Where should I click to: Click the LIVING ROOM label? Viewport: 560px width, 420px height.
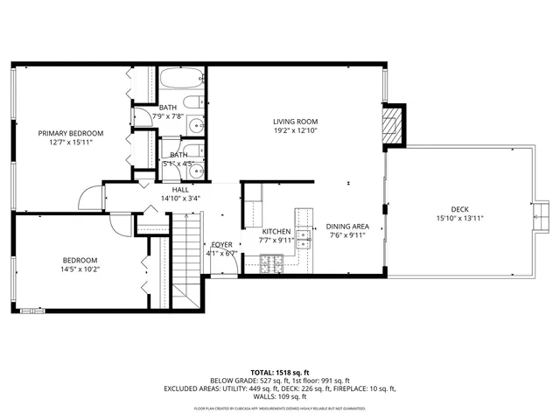pyautogui.click(x=295, y=122)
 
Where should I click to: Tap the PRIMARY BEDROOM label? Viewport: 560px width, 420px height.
pyautogui.click(x=70, y=134)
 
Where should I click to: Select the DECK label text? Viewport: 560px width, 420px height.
pyautogui.click(x=459, y=208)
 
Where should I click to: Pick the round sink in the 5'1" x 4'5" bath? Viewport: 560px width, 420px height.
pyautogui.click(x=196, y=171)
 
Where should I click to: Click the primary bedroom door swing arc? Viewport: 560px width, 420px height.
pyautogui.click(x=91, y=199)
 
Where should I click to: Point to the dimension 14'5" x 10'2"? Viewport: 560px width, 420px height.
pyautogui.click(x=80, y=270)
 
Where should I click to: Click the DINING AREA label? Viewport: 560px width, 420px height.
pyautogui.click(x=348, y=227)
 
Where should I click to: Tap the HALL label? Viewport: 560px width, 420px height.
pyautogui.click(x=180, y=190)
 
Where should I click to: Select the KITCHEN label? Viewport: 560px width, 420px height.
pyautogui.click(x=276, y=232)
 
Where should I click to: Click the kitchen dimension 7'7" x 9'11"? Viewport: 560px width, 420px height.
pyautogui.click(x=276, y=241)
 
